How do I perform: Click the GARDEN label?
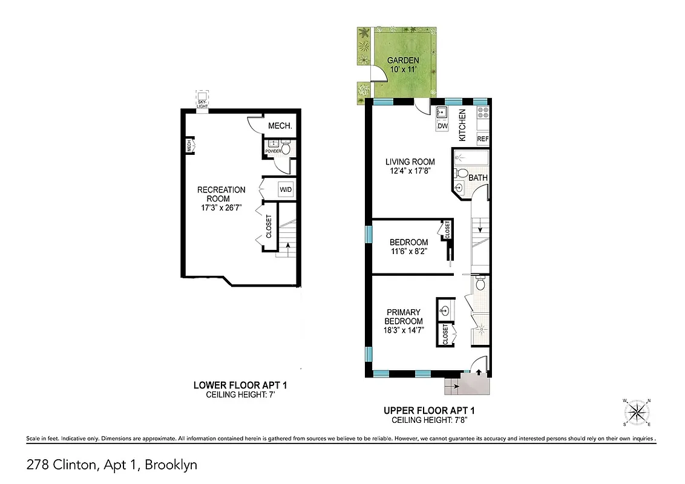point(403,60)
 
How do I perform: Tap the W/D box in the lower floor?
point(285,189)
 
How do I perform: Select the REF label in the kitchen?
point(482,139)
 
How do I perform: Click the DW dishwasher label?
point(442,126)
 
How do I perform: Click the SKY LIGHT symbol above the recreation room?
point(202,99)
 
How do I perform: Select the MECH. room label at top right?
point(281,126)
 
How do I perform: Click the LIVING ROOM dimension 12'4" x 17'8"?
point(410,171)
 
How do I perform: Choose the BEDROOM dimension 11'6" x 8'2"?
point(408,251)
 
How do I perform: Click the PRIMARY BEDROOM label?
point(404,316)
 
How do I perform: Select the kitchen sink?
point(442,111)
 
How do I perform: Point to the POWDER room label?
point(274,151)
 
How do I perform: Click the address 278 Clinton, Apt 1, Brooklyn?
point(112,465)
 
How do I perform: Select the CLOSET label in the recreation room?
point(269,227)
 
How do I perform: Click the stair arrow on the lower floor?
point(287,246)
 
